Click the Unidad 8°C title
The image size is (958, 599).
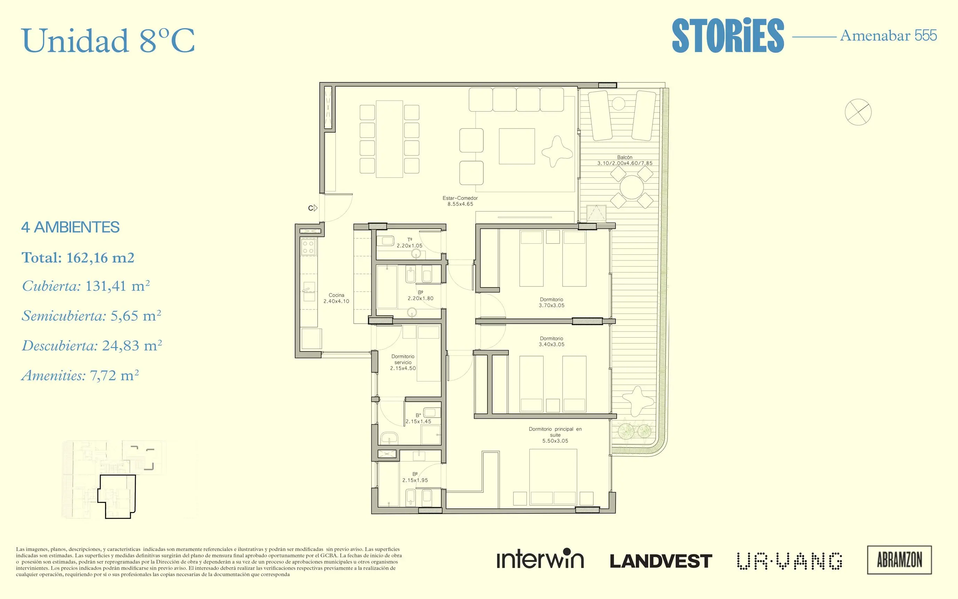(x=108, y=40)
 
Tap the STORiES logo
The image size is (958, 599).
(x=728, y=36)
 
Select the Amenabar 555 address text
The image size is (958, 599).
(x=888, y=36)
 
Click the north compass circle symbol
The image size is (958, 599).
(x=858, y=112)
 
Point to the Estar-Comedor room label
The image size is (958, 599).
(x=460, y=201)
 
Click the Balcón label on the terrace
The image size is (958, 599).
(x=625, y=160)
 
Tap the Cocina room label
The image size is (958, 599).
(x=336, y=298)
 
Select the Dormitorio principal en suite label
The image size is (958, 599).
(x=555, y=435)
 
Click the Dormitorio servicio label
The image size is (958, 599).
(x=403, y=362)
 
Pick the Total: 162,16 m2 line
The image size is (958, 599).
(x=78, y=258)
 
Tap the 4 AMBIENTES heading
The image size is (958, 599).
(x=71, y=227)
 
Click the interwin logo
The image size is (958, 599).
(x=540, y=559)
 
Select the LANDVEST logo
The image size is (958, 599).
(x=661, y=561)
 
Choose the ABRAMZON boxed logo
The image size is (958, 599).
(x=900, y=560)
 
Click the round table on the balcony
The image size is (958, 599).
(x=632, y=187)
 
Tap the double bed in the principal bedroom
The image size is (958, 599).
(x=553, y=476)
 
